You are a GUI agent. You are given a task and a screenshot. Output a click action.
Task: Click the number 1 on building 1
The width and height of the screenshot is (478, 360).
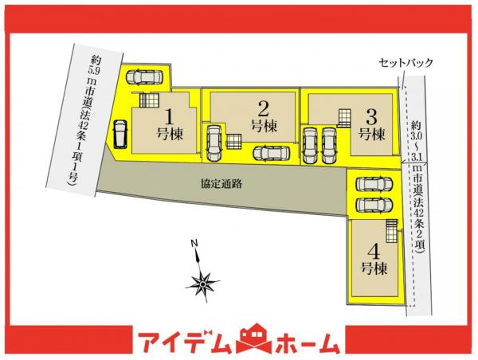click(170, 114)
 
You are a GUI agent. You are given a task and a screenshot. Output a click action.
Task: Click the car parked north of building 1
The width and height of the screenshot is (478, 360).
click(144, 76)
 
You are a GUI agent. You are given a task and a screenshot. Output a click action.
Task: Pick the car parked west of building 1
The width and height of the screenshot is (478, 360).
click(119, 134)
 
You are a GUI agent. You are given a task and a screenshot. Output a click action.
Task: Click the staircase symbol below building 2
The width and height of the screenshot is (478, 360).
click(234, 141)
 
